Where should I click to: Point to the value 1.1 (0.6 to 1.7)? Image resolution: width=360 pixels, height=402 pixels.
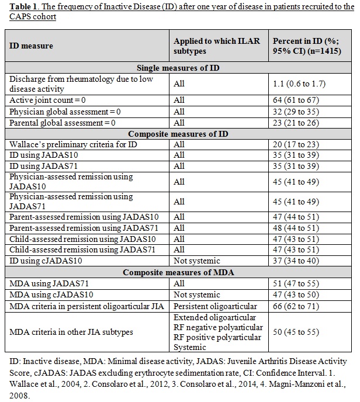pos(297,84)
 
